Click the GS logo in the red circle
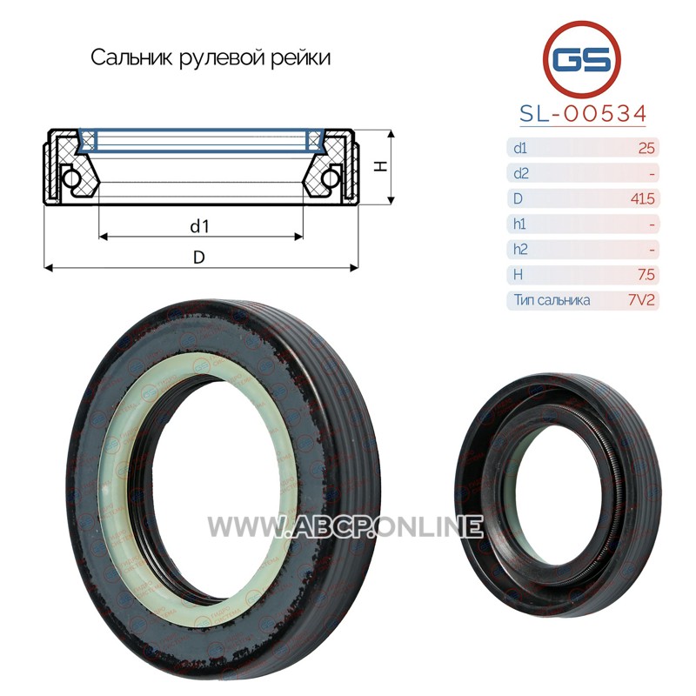(x=581, y=59)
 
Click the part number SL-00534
(x=583, y=114)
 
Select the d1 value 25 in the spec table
(x=646, y=148)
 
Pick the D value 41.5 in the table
(x=642, y=198)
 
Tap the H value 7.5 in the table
(x=646, y=275)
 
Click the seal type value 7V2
(x=641, y=300)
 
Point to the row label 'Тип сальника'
(x=552, y=300)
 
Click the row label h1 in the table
(x=519, y=224)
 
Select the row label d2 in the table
(x=520, y=173)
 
